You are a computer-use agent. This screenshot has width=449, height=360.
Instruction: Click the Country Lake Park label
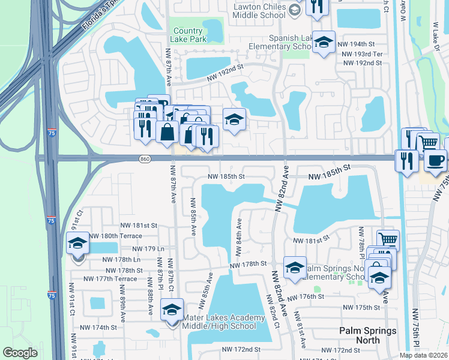189,35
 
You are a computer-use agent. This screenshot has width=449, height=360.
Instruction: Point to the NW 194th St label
357,44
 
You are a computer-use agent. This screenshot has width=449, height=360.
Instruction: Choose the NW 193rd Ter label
361,54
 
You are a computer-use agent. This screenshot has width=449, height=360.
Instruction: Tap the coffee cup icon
435,161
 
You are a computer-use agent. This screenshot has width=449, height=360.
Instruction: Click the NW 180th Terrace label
116,236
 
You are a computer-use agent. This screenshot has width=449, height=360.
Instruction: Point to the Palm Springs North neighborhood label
368,335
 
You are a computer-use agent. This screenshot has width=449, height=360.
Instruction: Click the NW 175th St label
361,308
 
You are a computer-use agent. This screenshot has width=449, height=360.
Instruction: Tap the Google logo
20,353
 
